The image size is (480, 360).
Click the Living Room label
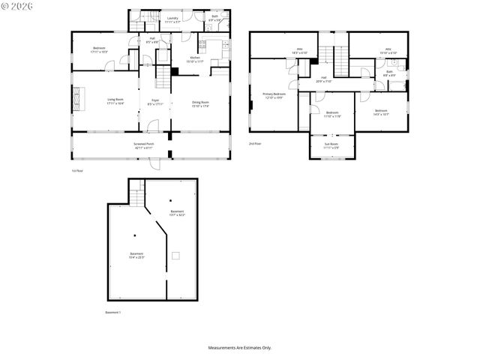pos(115,100)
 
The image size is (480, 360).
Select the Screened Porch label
pos(144,145)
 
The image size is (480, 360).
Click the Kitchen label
pos(195,58)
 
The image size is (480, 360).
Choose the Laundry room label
pos(172,19)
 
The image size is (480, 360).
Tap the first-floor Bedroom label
pos(100,50)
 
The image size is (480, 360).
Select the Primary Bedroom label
pos(274,96)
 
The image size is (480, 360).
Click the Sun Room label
pos(331,145)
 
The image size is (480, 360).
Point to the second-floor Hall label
pos(324,79)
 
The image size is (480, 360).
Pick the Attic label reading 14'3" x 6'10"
pos(289,52)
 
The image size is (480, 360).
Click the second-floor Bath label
pos(389,73)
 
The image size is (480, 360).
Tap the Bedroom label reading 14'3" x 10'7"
pos(381,112)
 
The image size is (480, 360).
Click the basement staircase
pos(136,196)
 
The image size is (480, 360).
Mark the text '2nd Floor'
pos(255,143)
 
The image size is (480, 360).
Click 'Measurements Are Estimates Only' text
pos(240,347)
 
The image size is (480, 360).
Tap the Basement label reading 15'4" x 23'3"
pos(136,256)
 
